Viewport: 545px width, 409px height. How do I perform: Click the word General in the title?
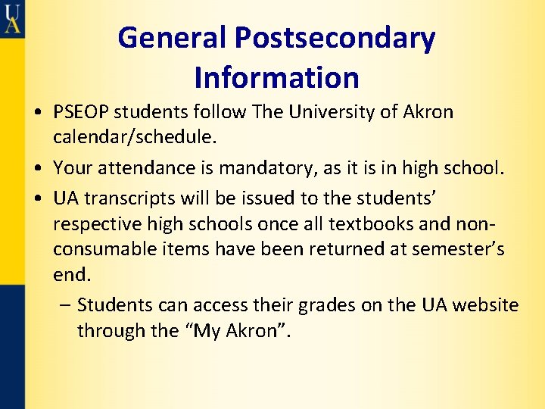click(172, 38)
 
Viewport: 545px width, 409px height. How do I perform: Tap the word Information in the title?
click(276, 77)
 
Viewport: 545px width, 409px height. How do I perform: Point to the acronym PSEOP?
click(82, 113)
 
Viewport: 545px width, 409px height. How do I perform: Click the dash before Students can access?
click(65, 305)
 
